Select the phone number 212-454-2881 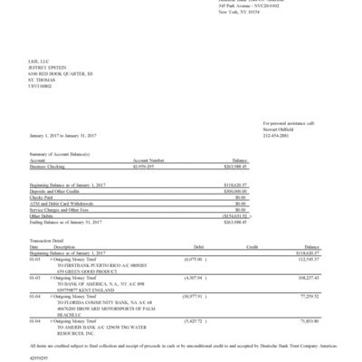[x=278, y=136]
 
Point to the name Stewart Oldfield [x=280, y=129]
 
